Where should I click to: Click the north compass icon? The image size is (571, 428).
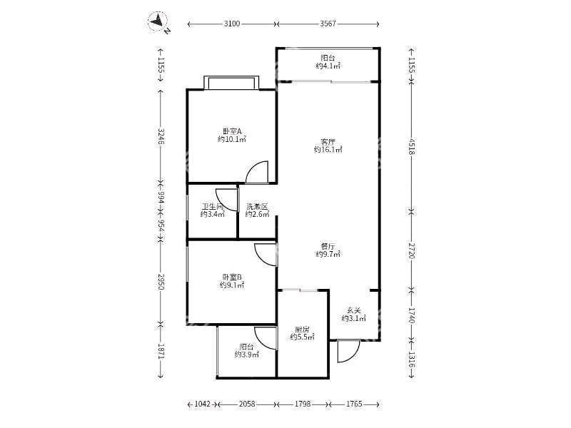click(158, 21)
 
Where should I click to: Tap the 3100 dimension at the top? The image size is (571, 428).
click(231, 24)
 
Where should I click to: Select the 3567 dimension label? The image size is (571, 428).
click(328, 24)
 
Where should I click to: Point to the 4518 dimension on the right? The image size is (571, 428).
click(411, 146)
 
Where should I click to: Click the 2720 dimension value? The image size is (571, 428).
click(411, 250)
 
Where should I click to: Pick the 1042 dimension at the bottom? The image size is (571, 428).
click(203, 404)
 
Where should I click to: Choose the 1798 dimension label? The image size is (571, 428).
click(303, 404)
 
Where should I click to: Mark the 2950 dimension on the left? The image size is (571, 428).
click(161, 281)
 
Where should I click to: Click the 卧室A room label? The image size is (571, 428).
click(232, 131)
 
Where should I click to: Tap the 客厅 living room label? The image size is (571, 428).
click(328, 141)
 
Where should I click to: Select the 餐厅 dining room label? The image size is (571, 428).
click(328, 246)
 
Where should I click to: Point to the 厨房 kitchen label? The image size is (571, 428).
click(302, 330)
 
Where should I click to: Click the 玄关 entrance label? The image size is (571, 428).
click(353, 311)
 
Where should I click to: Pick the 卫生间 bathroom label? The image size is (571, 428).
click(213, 206)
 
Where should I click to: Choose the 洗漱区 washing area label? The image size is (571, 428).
click(257, 206)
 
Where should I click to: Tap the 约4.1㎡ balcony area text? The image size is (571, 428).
click(328, 66)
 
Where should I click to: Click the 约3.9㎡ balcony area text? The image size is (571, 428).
click(246, 354)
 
